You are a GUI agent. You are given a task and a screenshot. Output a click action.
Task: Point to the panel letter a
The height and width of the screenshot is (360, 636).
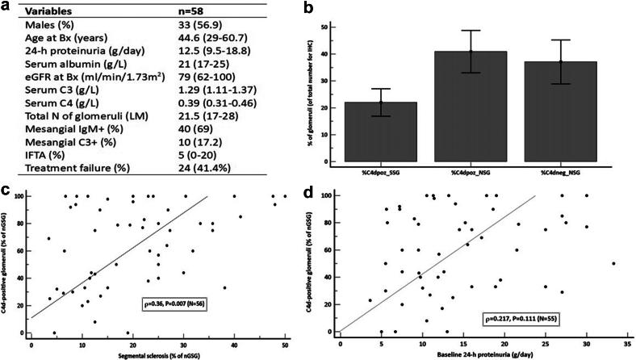point(6,8)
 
